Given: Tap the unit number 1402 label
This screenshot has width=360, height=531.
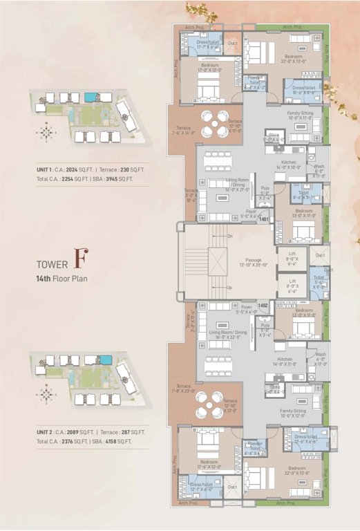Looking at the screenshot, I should click(263, 304).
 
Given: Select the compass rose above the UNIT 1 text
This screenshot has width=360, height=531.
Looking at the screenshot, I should click(46, 131).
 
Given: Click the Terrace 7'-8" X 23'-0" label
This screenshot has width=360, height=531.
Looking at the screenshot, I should click(183, 389).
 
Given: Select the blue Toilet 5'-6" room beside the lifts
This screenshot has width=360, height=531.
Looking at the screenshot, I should click(319, 281).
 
